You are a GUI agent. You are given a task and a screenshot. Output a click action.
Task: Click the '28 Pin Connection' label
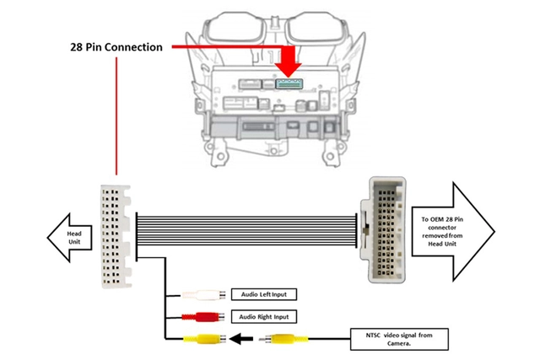116,47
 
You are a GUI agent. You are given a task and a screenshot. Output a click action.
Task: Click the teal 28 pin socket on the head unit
289,84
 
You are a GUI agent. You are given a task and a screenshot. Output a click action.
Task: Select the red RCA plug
202,317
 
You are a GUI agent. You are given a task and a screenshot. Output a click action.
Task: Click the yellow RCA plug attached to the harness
202,340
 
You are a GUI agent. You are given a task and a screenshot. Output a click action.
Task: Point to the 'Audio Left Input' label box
263,295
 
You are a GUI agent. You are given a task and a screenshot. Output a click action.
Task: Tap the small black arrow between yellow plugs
244,340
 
